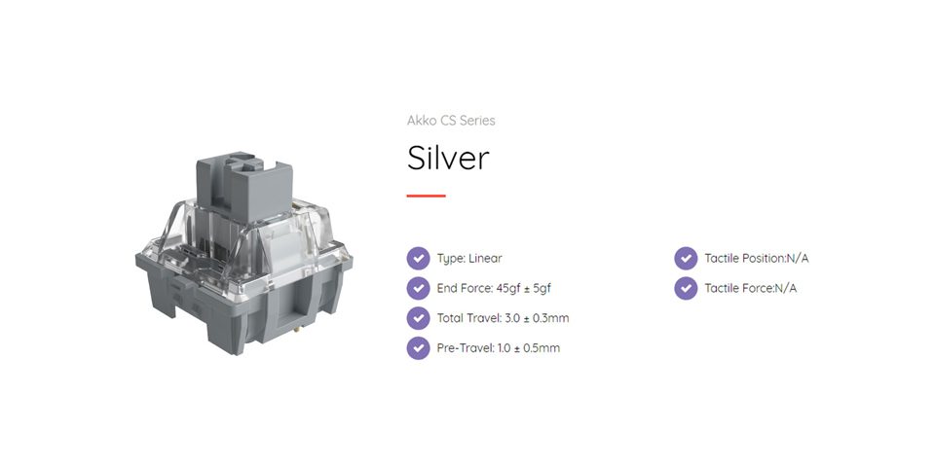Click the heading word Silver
[448, 158]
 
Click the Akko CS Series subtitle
[451, 121]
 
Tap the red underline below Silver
[426, 196]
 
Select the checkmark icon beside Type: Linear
[418, 259]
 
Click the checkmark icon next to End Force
[418, 288]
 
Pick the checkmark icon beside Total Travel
[418, 318]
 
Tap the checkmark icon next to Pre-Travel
[418, 348]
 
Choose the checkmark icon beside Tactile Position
[686, 259]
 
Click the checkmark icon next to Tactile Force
[686, 288]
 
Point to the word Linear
[485, 259]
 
